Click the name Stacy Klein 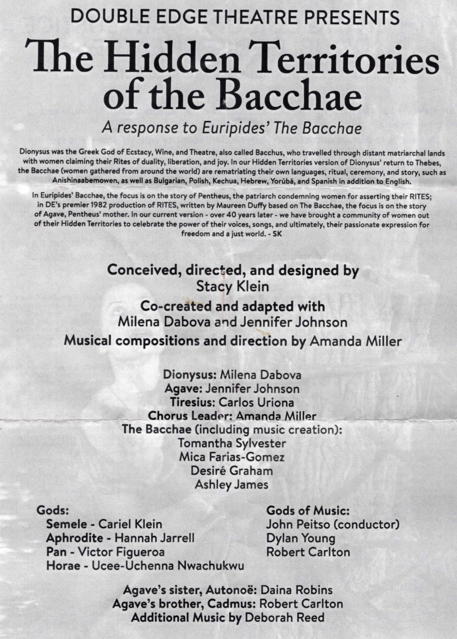[233, 287]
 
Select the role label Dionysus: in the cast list [190, 375]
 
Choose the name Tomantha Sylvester [232, 443]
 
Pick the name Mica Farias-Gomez [232, 457]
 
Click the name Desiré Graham [232, 471]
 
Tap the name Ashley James [232, 485]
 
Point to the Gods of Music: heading [308, 511]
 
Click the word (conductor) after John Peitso [366, 525]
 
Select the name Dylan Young [300, 538]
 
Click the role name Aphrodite [74, 538]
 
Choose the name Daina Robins [297, 590]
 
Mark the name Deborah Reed [285, 617]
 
